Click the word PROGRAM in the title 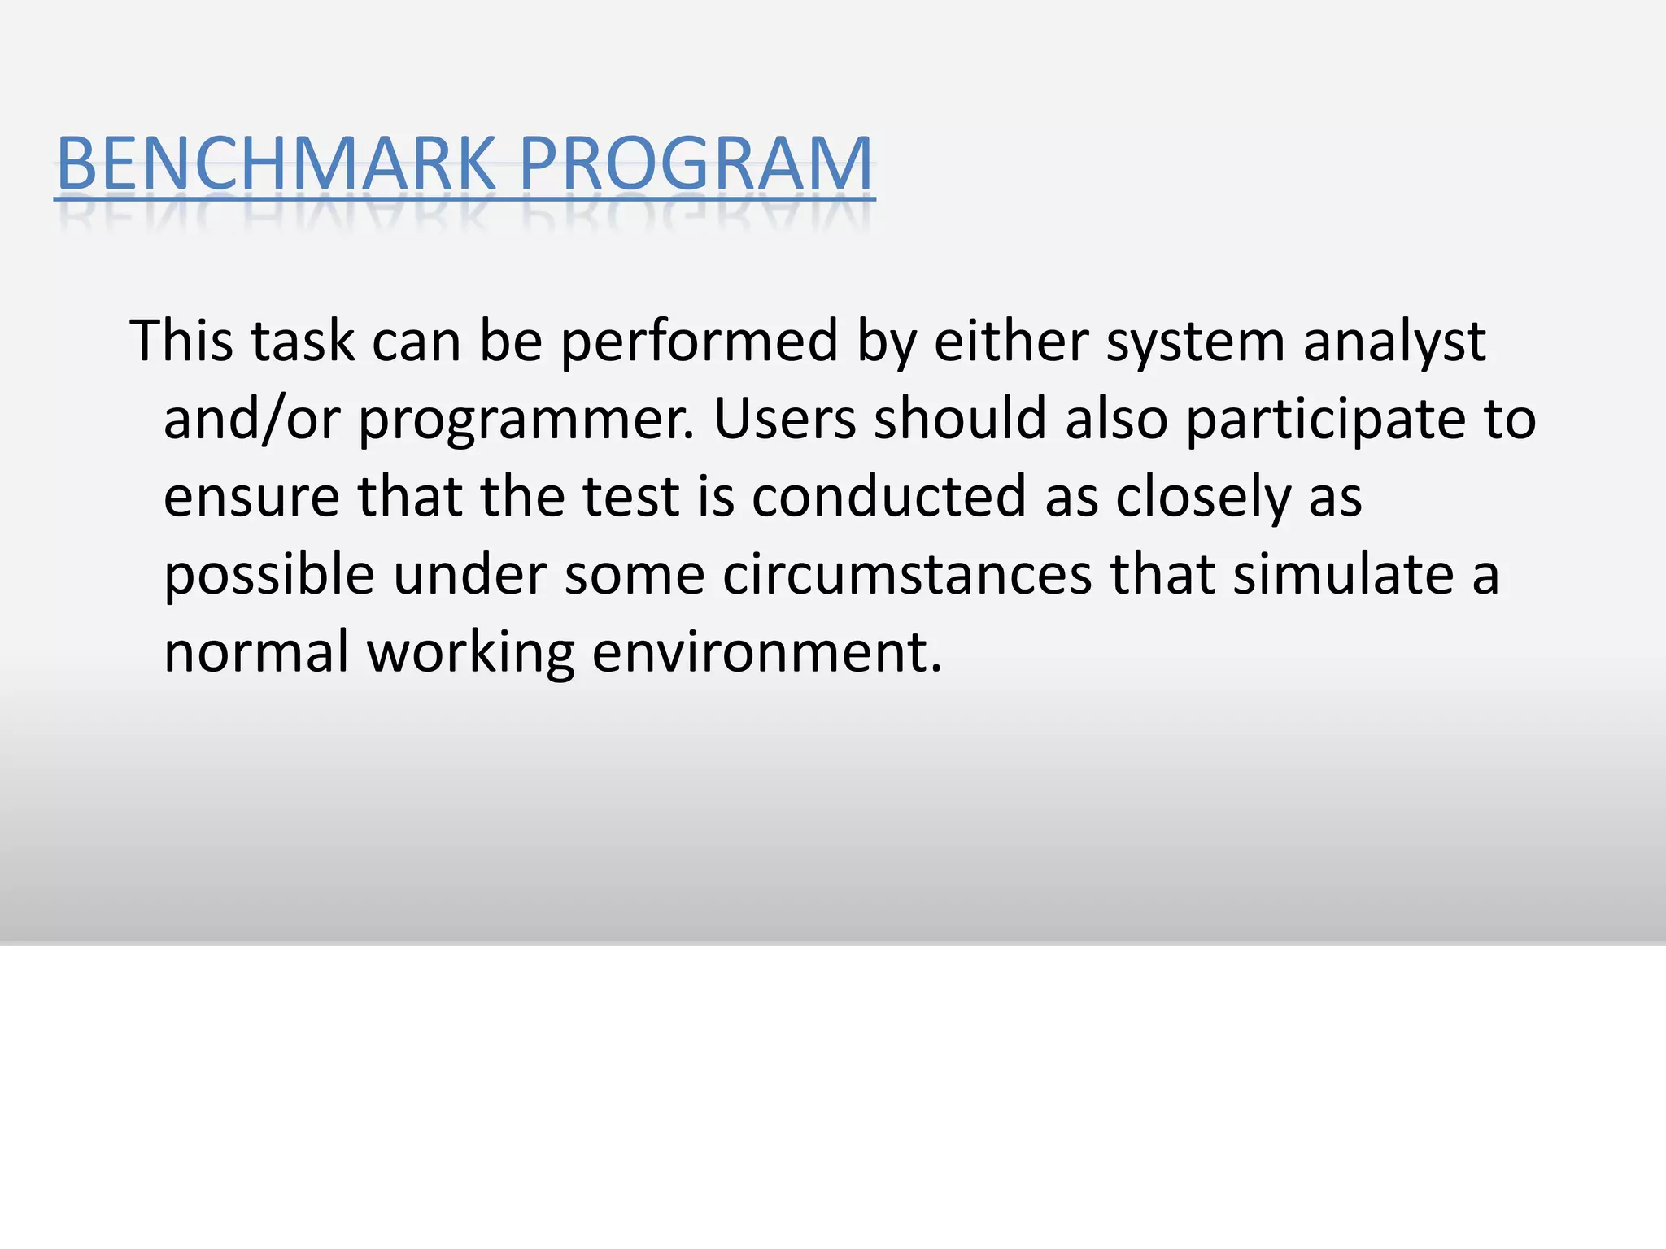[x=696, y=163]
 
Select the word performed [x=700, y=342]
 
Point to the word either [x=1010, y=341]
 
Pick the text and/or [x=251, y=420]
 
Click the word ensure [x=251, y=498]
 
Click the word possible [x=269, y=576]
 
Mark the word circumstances [x=907, y=576]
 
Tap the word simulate [x=1343, y=574]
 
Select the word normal [x=256, y=652]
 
